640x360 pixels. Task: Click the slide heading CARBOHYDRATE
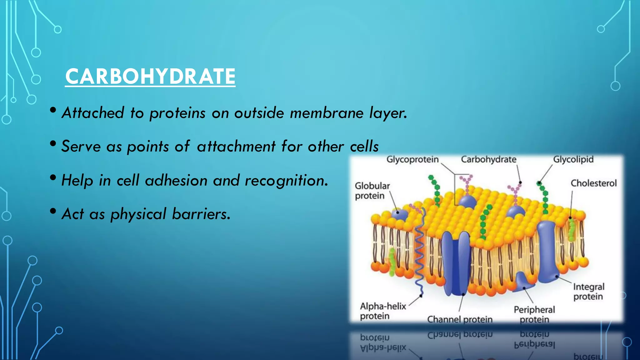coord(150,77)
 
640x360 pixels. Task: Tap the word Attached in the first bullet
coord(93,113)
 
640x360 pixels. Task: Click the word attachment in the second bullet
coord(236,146)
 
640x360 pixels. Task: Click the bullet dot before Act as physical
coord(53,211)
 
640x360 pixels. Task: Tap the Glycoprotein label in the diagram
coord(412,159)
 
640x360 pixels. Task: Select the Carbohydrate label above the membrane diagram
coord(488,159)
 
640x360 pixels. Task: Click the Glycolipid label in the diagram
coord(573,159)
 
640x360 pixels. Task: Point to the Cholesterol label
coord(593,183)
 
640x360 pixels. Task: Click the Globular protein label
coord(372,191)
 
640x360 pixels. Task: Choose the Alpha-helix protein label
coord(382,311)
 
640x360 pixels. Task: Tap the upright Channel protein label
coord(460,319)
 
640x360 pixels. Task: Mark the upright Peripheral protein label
coord(534,314)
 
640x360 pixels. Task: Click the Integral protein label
coord(588,292)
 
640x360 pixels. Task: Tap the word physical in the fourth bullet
coord(138,214)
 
